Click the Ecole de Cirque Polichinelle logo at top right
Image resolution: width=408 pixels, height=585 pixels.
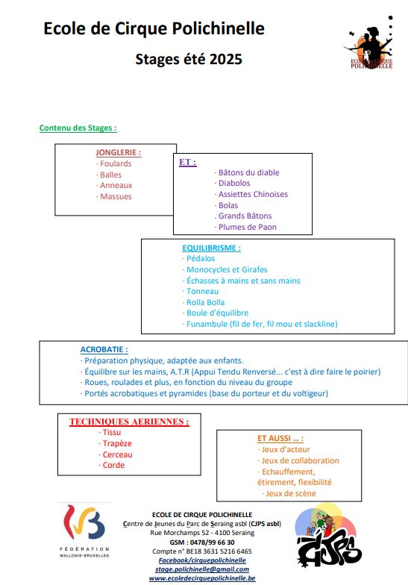pos(368,43)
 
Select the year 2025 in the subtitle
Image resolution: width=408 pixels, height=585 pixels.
pos(225,60)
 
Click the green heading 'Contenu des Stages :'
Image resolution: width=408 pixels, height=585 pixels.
pos(78,128)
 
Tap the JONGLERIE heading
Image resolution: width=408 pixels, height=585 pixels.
pos(118,152)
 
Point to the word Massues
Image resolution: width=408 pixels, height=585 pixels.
pos(116,197)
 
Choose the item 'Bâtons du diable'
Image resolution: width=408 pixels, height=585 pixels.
pos(249,173)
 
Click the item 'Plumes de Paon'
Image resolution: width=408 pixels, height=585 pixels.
pos(248,227)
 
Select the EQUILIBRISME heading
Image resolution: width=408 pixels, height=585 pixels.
pos(211,248)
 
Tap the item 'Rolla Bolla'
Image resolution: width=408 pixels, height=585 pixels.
pos(205,303)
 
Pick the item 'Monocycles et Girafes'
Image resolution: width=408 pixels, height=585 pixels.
pos(227,270)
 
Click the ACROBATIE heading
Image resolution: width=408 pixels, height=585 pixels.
pos(104,349)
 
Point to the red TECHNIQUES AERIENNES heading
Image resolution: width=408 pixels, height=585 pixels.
pos(129,422)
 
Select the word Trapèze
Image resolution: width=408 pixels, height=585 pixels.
pos(117,443)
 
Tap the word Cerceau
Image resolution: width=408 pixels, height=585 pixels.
pos(118,455)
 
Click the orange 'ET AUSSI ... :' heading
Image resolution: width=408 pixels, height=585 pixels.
pos(280,439)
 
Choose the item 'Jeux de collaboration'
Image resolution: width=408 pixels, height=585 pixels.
pos(300,461)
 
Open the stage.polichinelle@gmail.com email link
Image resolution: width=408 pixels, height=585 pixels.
pos(202,569)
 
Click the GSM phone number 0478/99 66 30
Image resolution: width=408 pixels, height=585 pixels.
pos(213,542)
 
